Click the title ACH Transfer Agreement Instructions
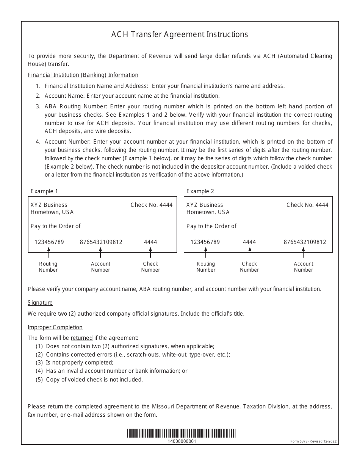tap(180, 34)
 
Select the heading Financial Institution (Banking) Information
tap(83, 75)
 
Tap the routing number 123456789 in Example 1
tap(49, 242)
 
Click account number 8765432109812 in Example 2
tap(305, 242)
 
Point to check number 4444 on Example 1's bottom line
tap(150, 242)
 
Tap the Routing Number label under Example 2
tap(206, 267)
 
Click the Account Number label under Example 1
tap(100, 267)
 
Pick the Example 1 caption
tap(44, 191)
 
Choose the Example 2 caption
tap(200, 191)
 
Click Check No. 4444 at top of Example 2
tap(307, 205)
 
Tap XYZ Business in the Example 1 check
tap(49, 205)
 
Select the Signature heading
tap(40, 303)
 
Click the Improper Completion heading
tap(55, 327)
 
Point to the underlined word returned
tap(81, 338)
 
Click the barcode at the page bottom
tap(181, 433)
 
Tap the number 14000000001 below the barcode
tap(182, 441)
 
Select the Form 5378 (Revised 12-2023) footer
tap(314, 441)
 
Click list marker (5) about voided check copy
tap(39, 380)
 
